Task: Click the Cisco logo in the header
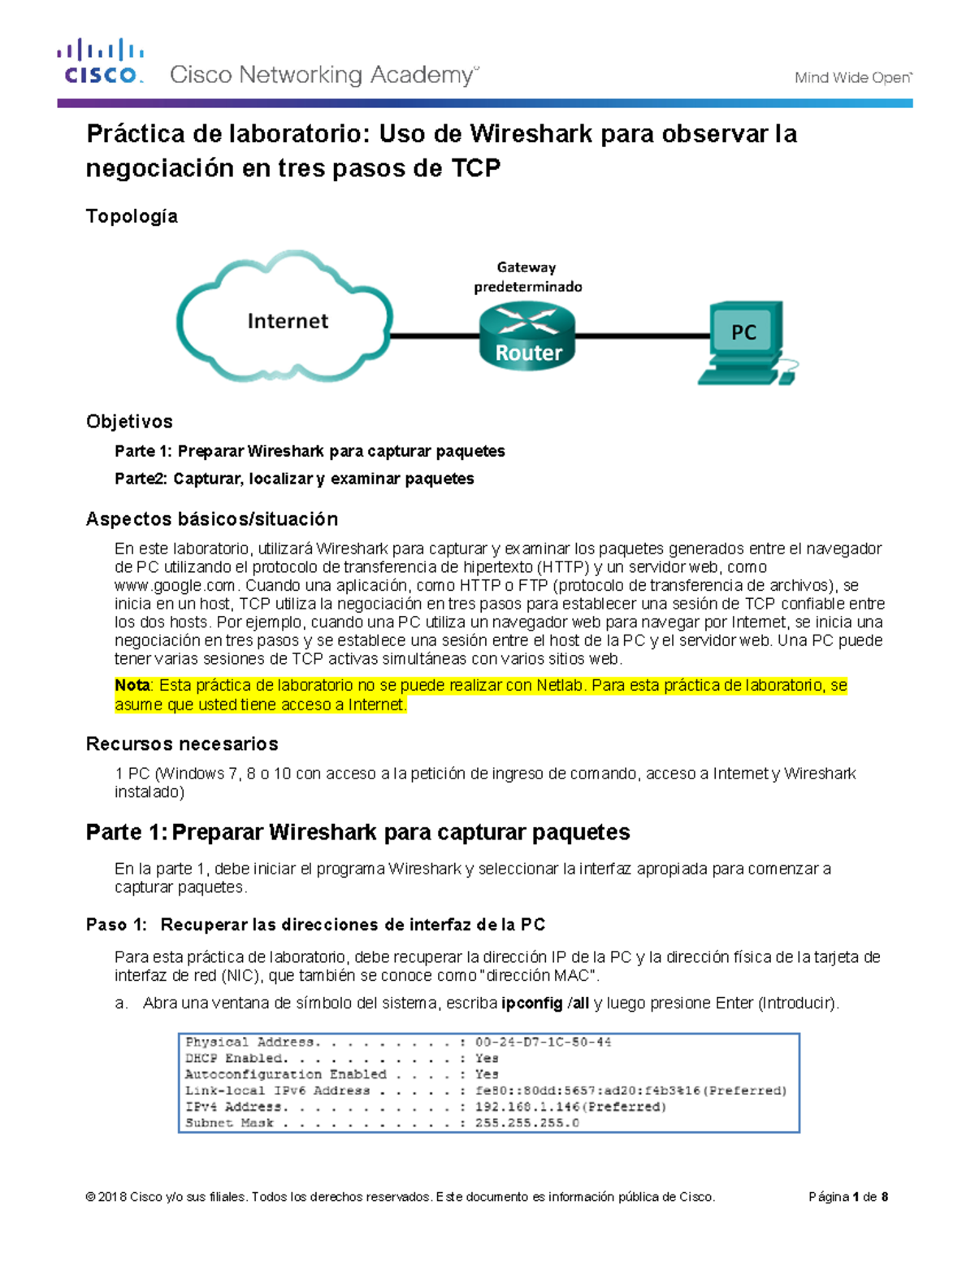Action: click(100, 62)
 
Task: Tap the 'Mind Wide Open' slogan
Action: click(852, 78)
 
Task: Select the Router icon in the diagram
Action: click(527, 336)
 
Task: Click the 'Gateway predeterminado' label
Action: click(527, 277)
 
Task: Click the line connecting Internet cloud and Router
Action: click(435, 335)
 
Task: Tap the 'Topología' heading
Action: click(132, 216)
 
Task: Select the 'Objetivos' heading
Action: click(129, 422)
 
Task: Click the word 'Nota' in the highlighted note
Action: click(132, 686)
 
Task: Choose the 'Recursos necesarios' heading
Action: click(182, 744)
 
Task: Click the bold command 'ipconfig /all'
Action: click(545, 1004)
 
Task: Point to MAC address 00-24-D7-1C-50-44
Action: click(543, 1043)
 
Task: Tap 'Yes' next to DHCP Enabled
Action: click(487, 1059)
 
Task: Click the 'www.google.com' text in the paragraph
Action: click(175, 586)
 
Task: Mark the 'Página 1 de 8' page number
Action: click(847, 1197)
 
